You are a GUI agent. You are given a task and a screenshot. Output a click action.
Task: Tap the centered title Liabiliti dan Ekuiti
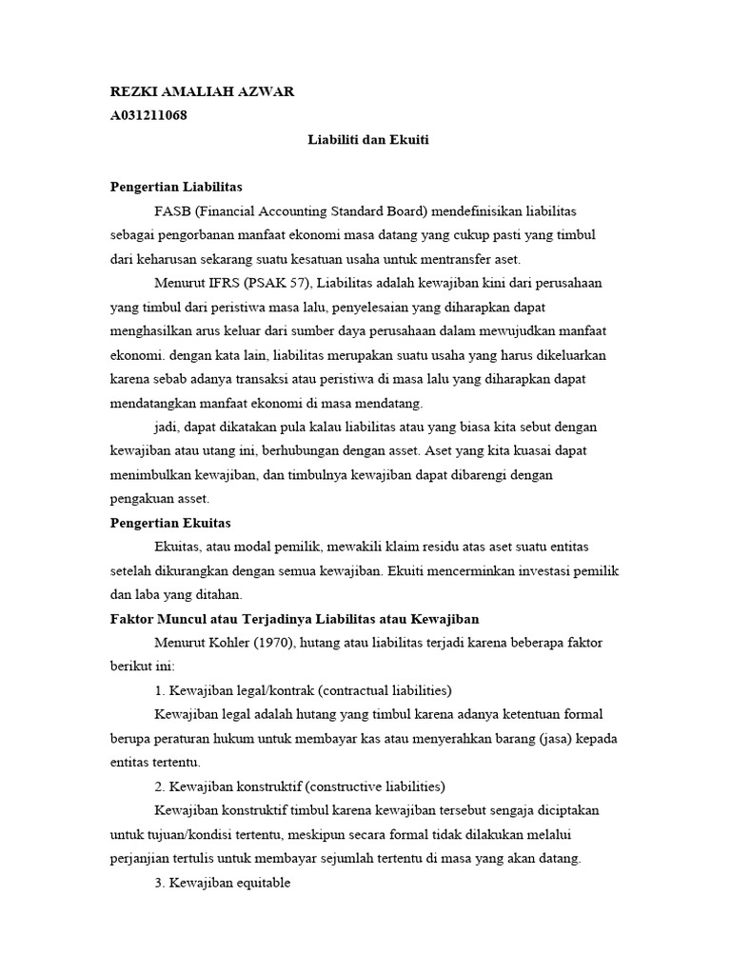pos(368,139)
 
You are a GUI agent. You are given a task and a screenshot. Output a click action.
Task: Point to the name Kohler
pos(221,643)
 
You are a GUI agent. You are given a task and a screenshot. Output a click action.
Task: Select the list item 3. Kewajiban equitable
pos(221,883)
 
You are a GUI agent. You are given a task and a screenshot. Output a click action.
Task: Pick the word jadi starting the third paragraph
pos(166,427)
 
